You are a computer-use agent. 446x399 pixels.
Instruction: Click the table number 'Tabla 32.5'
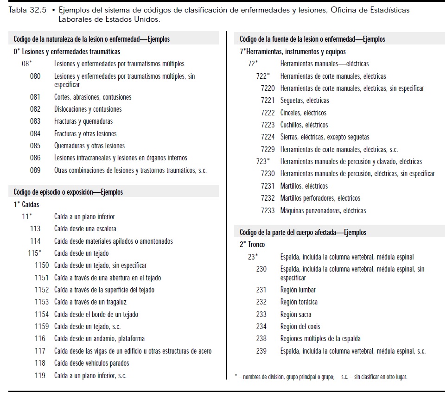point(27,10)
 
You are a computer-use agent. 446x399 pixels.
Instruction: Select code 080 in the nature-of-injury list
point(35,76)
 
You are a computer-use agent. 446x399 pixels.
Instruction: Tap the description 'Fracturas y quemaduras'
point(83,121)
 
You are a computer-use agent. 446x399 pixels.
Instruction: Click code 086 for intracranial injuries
point(35,158)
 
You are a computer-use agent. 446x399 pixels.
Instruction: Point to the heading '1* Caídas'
point(26,204)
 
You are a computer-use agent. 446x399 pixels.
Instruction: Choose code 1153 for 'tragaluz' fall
point(42,302)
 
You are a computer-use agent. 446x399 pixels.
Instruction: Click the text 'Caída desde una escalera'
point(85,228)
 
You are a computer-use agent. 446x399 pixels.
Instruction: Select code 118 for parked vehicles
point(40,363)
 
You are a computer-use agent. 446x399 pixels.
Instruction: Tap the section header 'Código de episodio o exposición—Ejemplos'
point(68,192)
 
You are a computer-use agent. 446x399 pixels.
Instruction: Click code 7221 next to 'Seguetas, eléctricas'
point(268,101)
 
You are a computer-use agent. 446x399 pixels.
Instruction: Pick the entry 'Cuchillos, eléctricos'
point(304,125)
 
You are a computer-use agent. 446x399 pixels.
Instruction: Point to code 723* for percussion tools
point(262,162)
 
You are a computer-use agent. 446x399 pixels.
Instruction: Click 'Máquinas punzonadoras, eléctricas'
point(323,211)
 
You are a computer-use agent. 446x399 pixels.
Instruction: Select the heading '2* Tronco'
point(253,245)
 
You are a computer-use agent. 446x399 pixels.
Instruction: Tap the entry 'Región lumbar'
point(298,290)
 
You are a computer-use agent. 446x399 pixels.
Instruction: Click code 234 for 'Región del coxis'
point(261,327)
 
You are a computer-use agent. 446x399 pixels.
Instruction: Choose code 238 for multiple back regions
point(261,339)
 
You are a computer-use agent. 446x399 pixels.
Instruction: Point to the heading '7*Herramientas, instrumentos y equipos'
point(293,52)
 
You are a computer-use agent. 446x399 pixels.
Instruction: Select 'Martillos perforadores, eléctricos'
point(320,198)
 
